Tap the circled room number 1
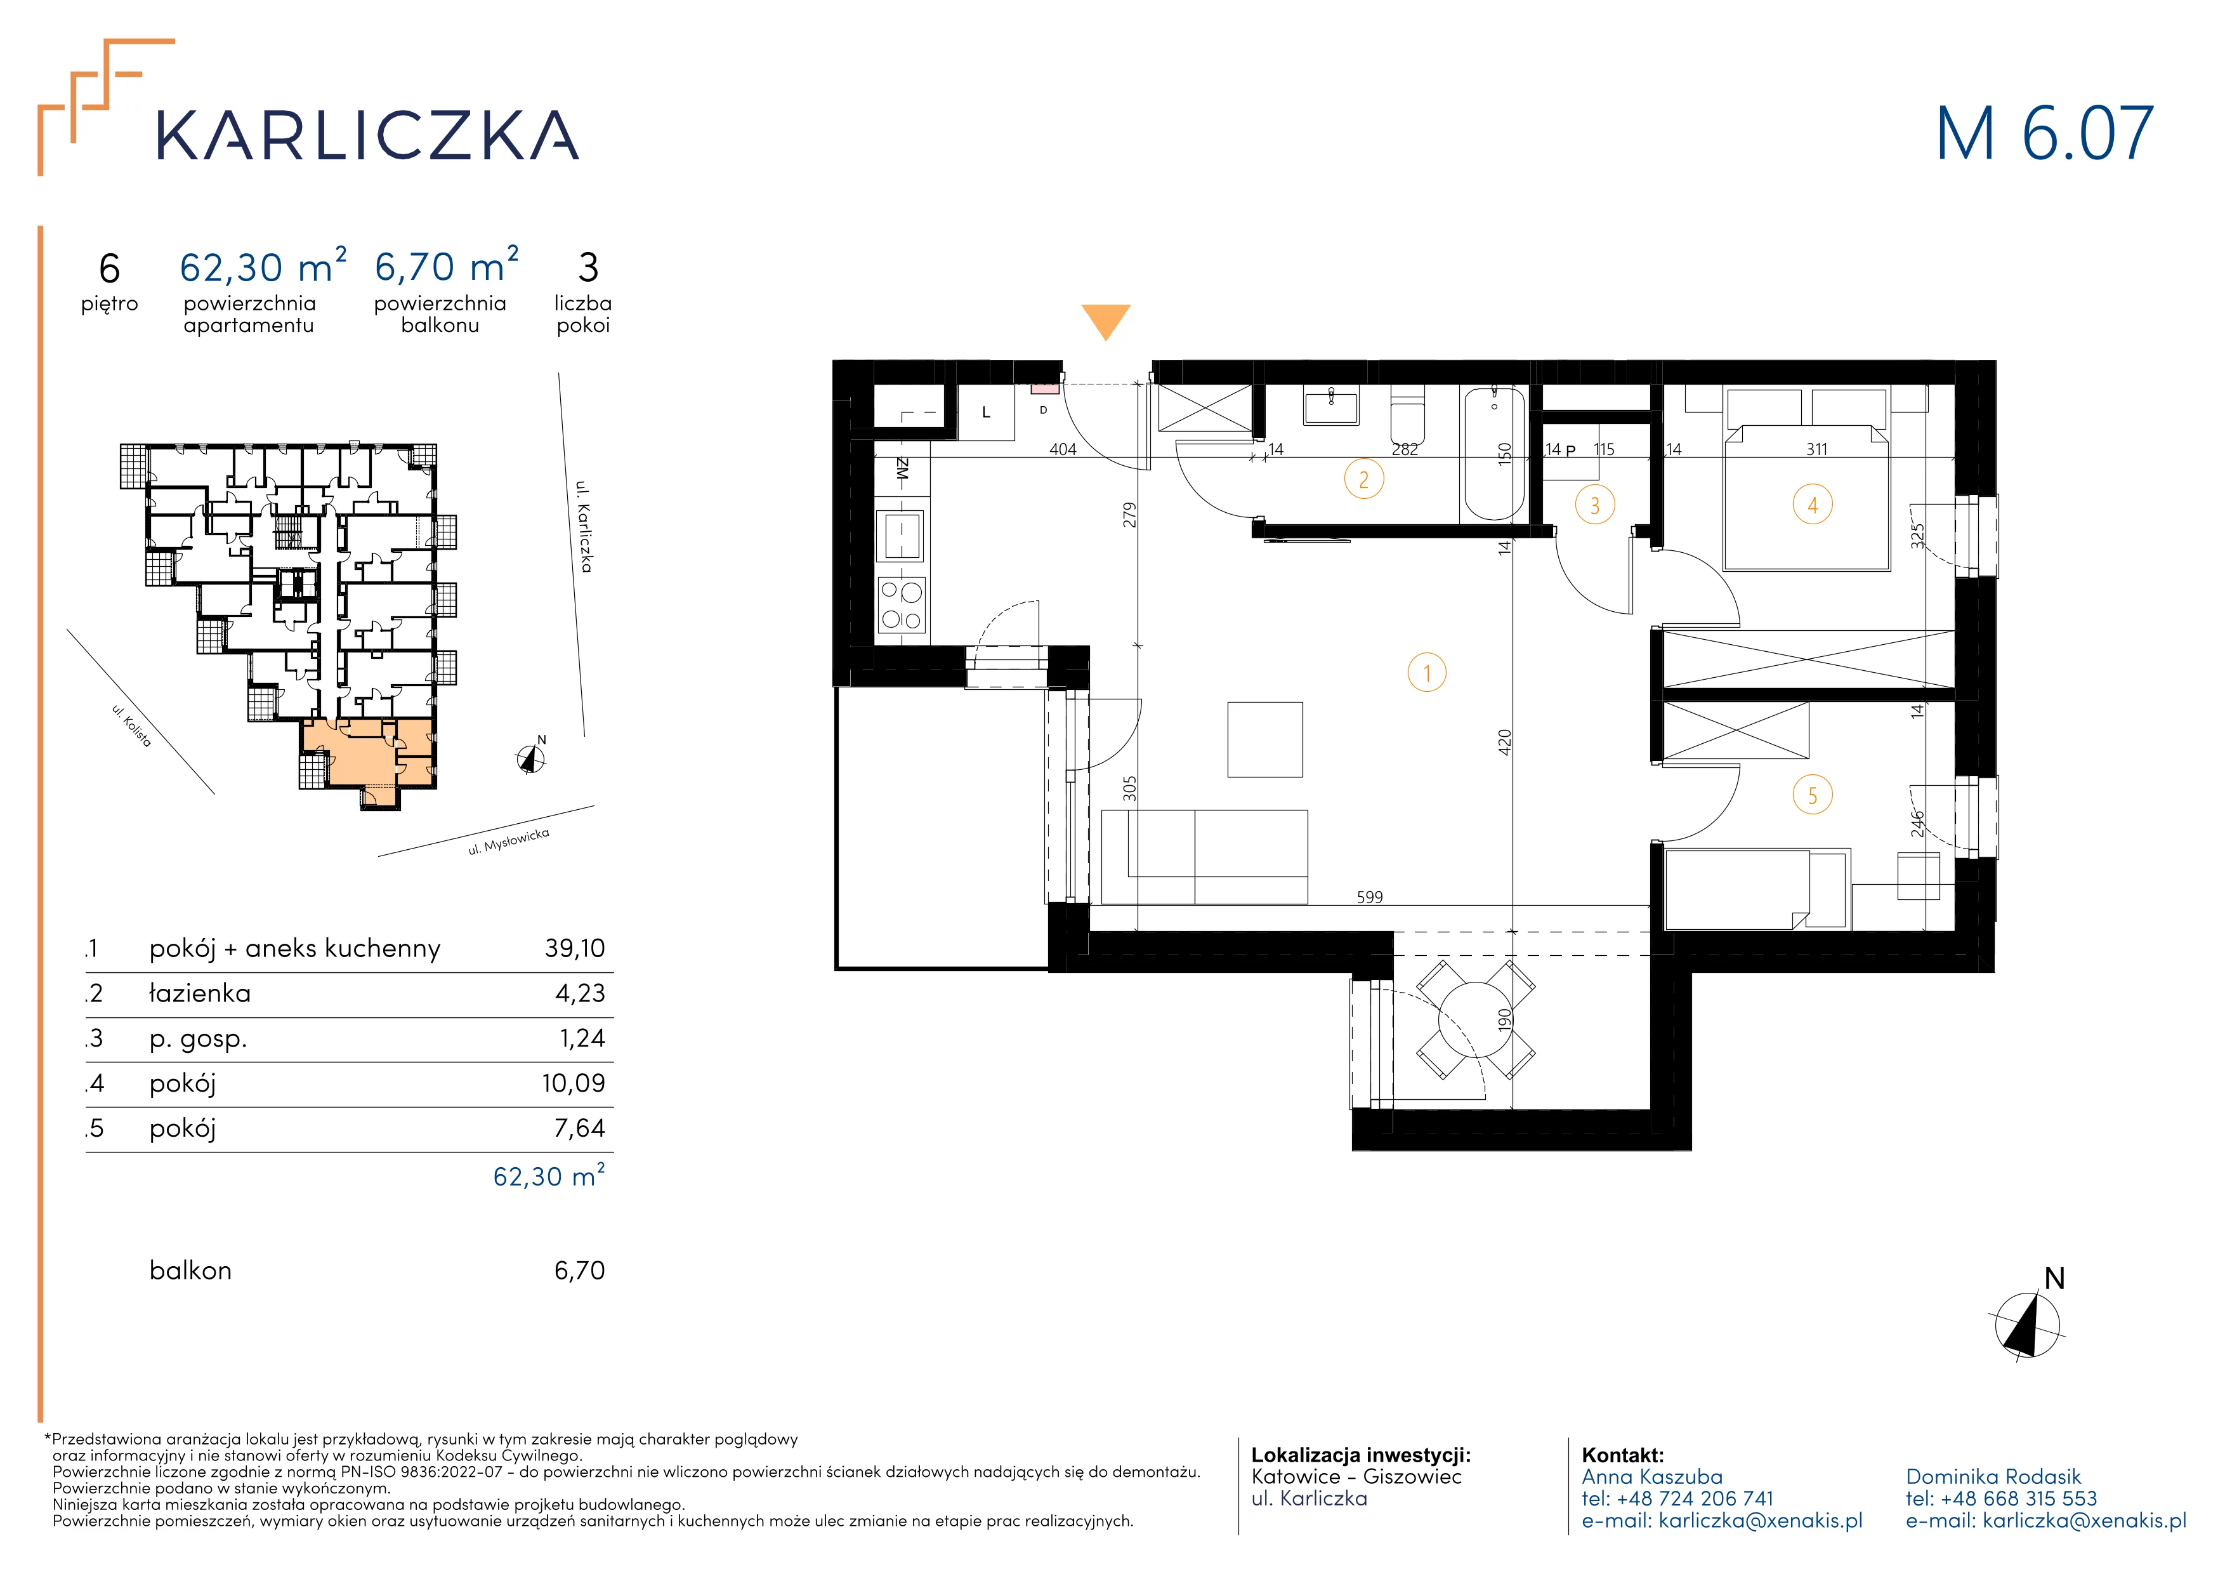click(x=1426, y=673)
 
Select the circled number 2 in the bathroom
click(x=1363, y=479)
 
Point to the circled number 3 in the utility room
click(x=1594, y=505)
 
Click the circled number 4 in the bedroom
click(x=1812, y=505)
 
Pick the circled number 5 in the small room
click(x=1812, y=796)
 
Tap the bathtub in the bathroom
click(x=1493, y=454)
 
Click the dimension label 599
click(x=1369, y=897)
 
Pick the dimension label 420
click(x=1504, y=743)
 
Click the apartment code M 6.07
click(x=2045, y=134)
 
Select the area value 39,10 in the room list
click(x=575, y=948)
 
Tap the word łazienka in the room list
click(x=200, y=993)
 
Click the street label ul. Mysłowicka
click(x=509, y=842)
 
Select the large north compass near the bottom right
click(x=2027, y=1320)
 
